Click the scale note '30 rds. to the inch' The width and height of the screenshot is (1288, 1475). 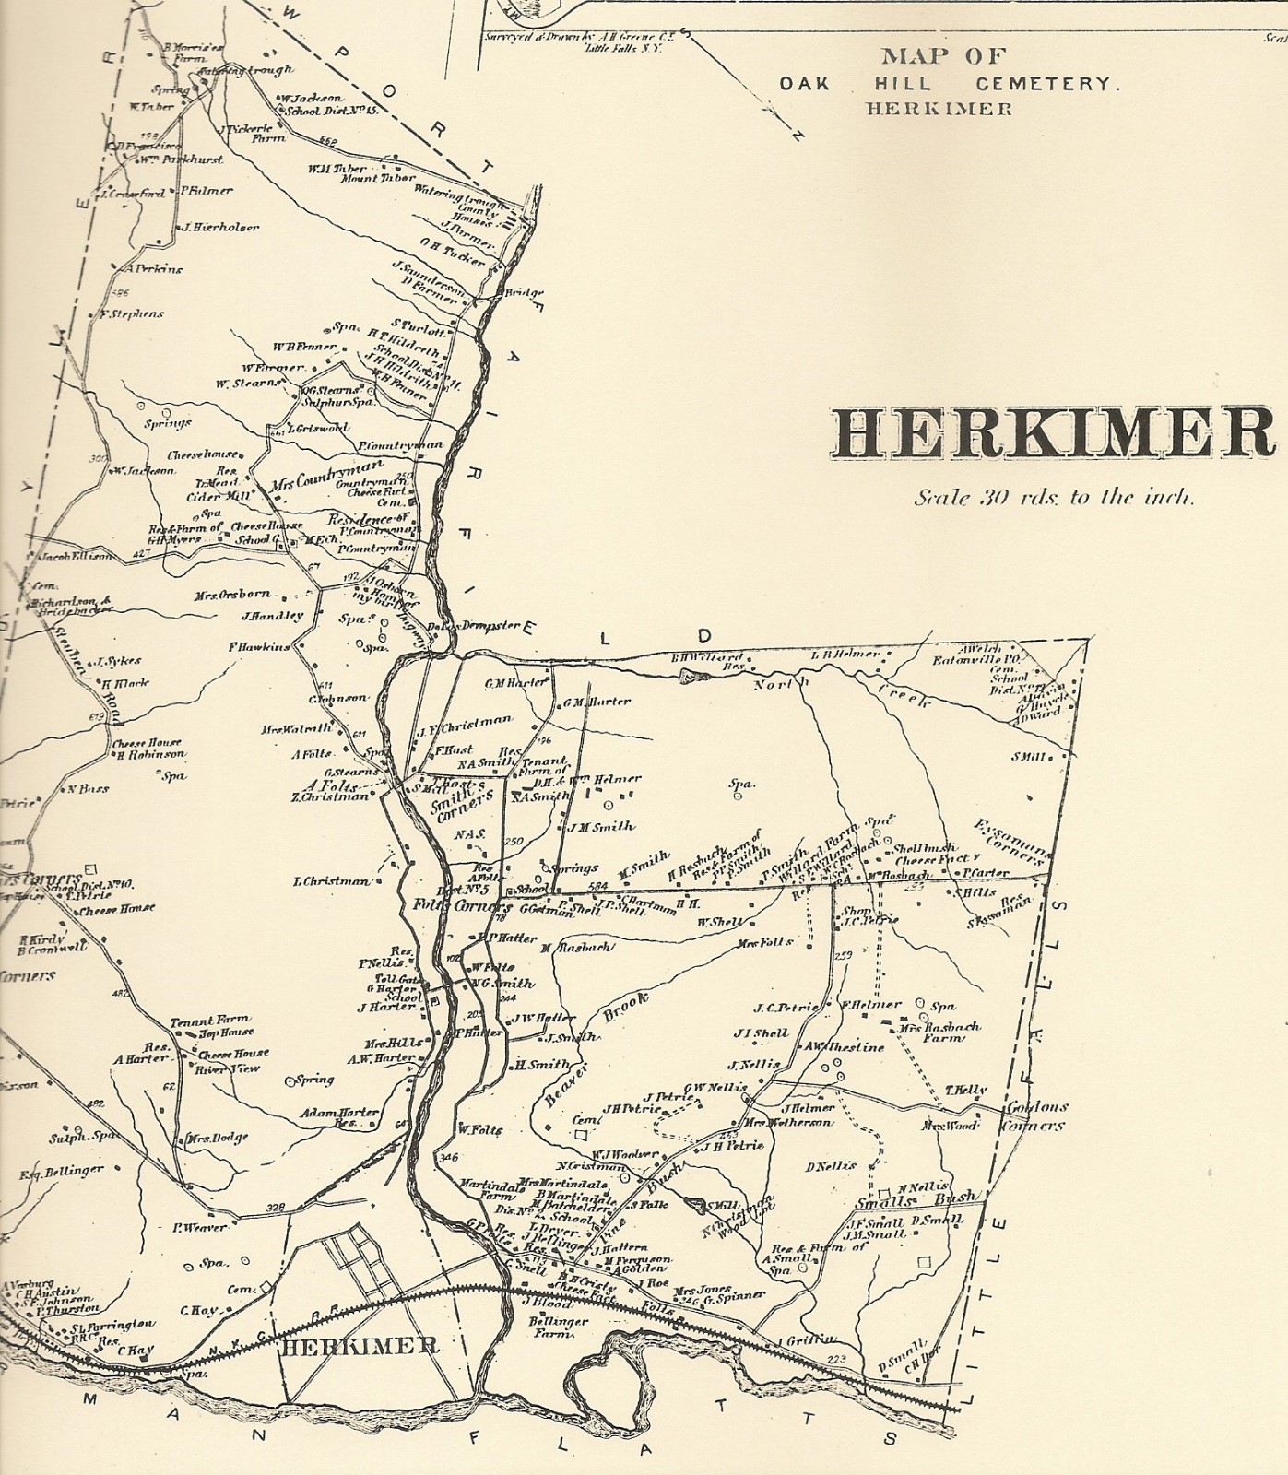tap(1054, 498)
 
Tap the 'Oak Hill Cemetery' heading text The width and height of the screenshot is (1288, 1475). tap(950, 83)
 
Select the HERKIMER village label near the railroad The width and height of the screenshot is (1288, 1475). tap(359, 1345)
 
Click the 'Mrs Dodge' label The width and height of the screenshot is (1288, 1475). tap(219, 1138)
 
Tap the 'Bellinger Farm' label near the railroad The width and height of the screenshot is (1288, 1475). tap(552, 1327)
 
